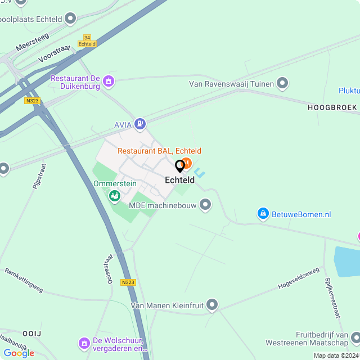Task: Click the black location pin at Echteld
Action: point(180,166)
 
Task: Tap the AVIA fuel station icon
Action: point(140,123)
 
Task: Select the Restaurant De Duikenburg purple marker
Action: point(109,81)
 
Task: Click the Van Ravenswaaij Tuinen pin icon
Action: point(282,84)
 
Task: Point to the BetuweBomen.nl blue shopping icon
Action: point(263,214)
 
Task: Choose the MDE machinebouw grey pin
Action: point(205,205)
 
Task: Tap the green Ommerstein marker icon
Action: point(114,195)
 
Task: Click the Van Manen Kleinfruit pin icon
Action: point(212,305)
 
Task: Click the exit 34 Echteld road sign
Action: point(87,40)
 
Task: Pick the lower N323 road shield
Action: point(128,282)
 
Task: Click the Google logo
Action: point(19,353)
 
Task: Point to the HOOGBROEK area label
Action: point(332,107)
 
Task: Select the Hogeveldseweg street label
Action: point(298,278)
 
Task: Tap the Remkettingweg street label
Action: point(24,280)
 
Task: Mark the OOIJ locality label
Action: point(32,334)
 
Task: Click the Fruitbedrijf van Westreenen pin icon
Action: point(355,337)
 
